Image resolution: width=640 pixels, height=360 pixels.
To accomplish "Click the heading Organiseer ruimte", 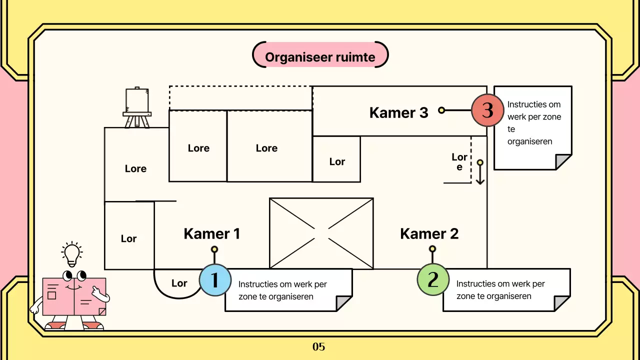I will point(320,57).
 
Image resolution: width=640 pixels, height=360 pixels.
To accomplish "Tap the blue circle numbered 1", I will point(215,280).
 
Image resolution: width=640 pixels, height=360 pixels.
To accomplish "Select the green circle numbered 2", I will point(433,279).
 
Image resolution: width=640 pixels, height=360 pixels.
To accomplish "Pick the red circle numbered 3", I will point(487,110).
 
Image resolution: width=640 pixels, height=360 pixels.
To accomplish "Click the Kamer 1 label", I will point(212,233).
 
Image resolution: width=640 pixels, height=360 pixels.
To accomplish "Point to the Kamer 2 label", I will point(429,233).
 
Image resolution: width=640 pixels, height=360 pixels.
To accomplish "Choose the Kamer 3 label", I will point(398,112).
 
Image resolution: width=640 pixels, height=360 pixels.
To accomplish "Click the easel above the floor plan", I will point(137,107).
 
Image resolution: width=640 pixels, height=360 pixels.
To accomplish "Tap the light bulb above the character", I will point(72,254).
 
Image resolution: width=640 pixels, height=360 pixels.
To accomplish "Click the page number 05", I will point(319,346).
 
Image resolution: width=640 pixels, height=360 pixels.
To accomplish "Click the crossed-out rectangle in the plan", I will point(321,233).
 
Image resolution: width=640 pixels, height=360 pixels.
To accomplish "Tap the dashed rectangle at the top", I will point(240,98).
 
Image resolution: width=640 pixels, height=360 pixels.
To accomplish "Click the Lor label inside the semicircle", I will point(179,283).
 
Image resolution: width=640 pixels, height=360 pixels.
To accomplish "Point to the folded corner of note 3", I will point(563,162).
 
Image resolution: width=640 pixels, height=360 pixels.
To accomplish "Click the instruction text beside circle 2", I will point(500,290).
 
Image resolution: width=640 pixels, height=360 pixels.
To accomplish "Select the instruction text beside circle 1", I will point(282,290).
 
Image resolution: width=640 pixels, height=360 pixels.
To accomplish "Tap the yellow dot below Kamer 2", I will point(432,248).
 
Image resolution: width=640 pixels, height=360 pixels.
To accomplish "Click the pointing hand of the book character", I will point(102,297).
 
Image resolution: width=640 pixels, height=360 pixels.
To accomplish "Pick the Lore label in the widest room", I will point(266,148).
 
